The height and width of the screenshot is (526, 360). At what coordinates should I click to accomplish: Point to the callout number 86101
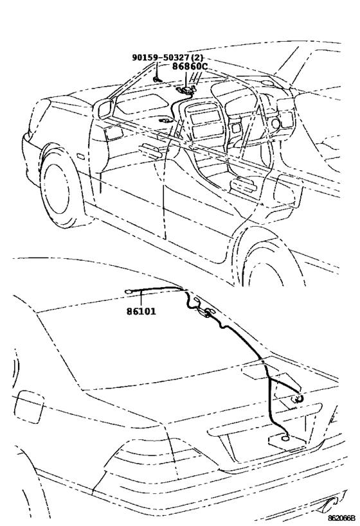click(141, 311)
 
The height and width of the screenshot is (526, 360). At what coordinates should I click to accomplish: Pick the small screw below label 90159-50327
click(157, 79)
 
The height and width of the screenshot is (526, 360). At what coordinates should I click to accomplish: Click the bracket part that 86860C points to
click(186, 89)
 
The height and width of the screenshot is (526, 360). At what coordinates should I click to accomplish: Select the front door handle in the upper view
click(149, 150)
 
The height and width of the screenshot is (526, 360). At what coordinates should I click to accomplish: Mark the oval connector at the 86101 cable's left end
click(129, 292)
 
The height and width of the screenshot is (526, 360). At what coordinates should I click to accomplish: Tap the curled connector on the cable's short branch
click(298, 398)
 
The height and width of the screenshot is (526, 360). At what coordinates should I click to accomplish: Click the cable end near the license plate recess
click(285, 437)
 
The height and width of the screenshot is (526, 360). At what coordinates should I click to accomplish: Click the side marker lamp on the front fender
click(80, 156)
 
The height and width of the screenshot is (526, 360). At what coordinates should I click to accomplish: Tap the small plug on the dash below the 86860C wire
click(166, 120)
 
